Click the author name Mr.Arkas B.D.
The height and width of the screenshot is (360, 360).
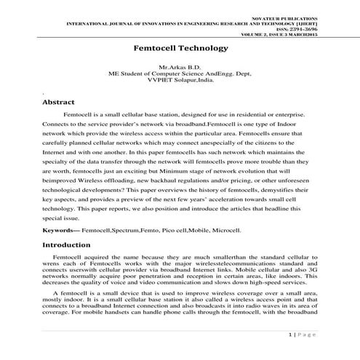pyautogui.click(x=179, y=68)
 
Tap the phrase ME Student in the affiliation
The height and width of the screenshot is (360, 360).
pyautogui.click(x=127, y=74)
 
